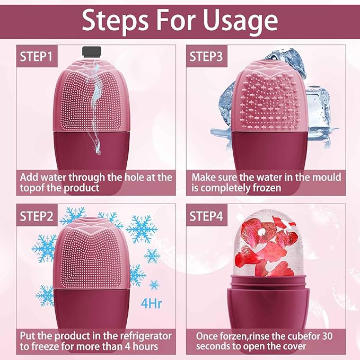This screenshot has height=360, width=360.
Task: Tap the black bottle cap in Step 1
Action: click(x=92, y=51)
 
